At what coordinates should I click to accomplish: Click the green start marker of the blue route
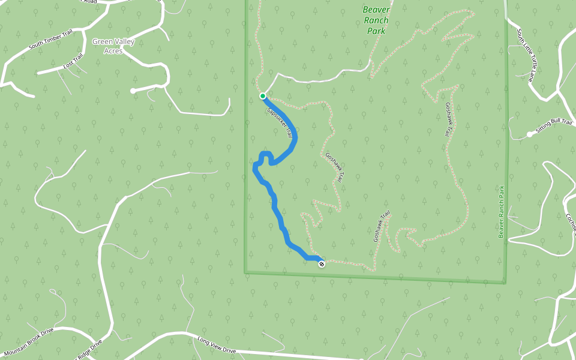click(263, 96)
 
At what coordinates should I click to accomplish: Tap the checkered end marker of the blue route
click(322, 263)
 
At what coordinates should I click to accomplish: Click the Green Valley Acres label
click(113, 46)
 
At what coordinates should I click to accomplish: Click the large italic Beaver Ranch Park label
click(376, 20)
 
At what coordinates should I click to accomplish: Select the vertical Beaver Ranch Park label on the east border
click(502, 211)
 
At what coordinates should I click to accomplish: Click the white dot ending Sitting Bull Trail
click(529, 134)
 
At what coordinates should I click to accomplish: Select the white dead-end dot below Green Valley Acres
click(133, 91)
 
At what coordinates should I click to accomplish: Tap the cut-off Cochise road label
click(571, 223)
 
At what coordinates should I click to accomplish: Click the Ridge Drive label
click(88, 349)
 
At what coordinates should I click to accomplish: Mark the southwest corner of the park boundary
click(245, 272)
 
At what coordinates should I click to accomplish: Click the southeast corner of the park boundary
click(505, 282)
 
